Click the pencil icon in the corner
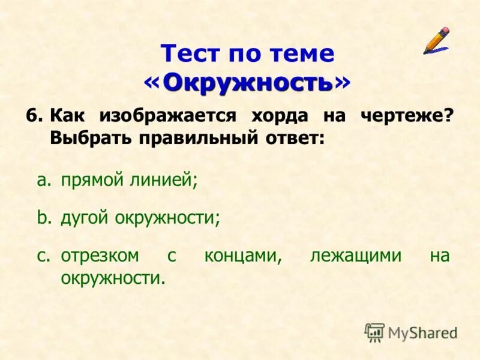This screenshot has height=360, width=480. click(x=436, y=40)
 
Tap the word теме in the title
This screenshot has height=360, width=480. click(x=304, y=54)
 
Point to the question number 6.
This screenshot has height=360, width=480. click(x=34, y=115)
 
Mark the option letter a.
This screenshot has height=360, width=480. click(x=42, y=179)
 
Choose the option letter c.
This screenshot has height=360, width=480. click(x=42, y=256)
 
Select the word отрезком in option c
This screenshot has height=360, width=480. click(x=100, y=256)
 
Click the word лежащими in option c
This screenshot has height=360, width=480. click(x=356, y=256)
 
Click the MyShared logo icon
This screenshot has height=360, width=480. click(x=374, y=332)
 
